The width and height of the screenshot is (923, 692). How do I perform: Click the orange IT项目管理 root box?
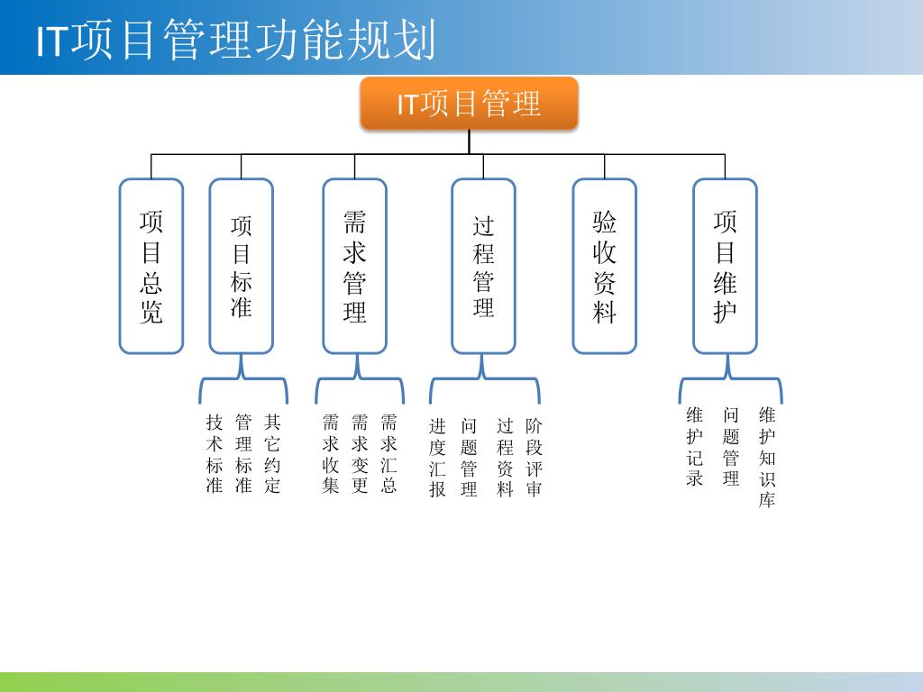[x=469, y=104]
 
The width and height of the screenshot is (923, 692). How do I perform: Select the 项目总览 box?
[x=151, y=266]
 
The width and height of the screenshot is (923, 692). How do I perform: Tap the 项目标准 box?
[x=241, y=266]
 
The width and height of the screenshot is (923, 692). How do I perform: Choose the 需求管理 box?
[x=354, y=266]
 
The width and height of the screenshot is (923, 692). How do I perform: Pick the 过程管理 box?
[x=483, y=266]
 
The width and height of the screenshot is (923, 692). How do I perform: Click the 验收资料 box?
[x=604, y=266]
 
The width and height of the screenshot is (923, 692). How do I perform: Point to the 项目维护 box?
[x=725, y=266]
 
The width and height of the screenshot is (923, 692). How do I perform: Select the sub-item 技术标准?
[x=215, y=454]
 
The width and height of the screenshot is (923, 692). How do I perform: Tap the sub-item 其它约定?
[x=272, y=454]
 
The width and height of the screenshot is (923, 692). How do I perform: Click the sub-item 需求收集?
[x=331, y=454]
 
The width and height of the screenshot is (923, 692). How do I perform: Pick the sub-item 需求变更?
[x=360, y=454]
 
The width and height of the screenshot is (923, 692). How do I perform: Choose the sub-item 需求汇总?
[x=388, y=454]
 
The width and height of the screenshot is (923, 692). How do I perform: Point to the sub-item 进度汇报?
[x=437, y=458]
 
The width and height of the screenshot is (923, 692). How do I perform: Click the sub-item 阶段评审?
[x=535, y=458]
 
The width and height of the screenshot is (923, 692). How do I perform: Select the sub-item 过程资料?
[x=505, y=458]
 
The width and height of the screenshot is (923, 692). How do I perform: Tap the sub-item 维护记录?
[x=694, y=447]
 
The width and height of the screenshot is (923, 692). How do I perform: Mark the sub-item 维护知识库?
[x=767, y=458]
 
